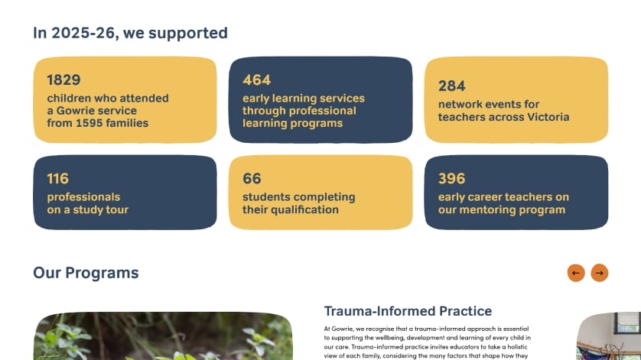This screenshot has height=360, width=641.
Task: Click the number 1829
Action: (63, 79)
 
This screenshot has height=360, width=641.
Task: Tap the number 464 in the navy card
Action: (257, 79)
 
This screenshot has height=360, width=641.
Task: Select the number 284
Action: (452, 86)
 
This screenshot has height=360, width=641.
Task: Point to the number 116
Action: (57, 179)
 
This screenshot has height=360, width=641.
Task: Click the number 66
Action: (252, 179)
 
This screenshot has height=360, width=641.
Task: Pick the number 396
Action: (452, 179)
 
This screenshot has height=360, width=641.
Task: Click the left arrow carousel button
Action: (576, 273)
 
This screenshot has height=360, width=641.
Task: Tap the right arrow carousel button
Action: (599, 273)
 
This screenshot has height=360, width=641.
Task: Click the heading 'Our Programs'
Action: (86, 273)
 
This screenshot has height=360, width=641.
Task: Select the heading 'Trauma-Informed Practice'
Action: (408, 311)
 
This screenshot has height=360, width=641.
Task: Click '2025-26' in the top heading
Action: (83, 33)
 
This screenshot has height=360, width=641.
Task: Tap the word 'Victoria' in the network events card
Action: (548, 117)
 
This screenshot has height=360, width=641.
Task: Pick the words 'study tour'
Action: (100, 209)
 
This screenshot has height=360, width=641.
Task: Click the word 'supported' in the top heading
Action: (188, 34)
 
